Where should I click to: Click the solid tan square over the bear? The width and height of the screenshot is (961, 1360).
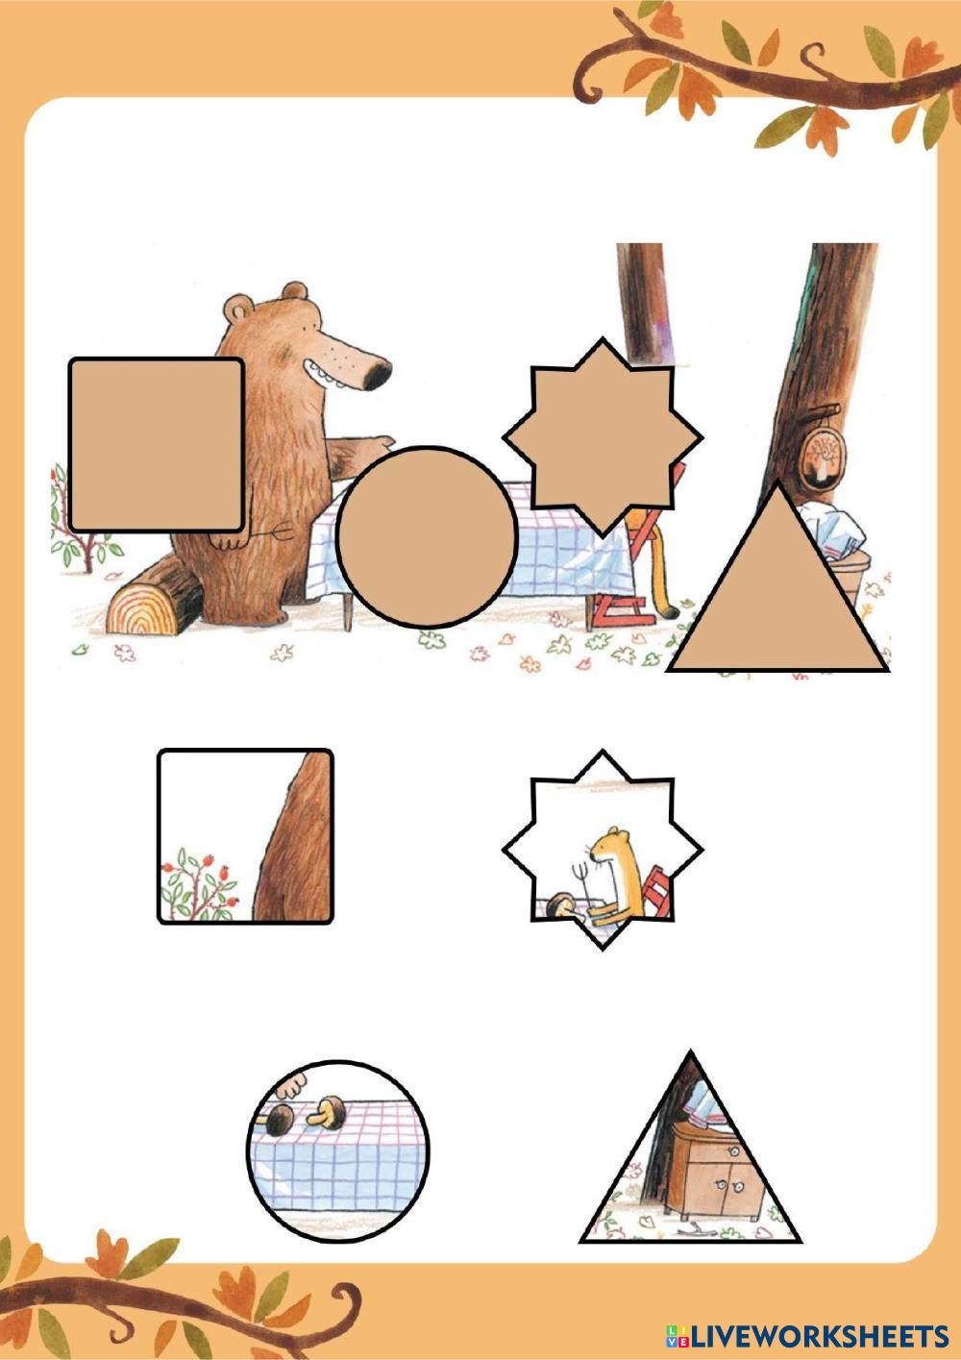click(x=158, y=445)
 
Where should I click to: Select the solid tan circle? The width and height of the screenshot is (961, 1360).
click(x=427, y=536)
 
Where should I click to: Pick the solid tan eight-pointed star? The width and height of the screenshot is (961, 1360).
click(x=603, y=437)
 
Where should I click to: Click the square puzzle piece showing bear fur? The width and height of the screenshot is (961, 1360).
click(x=245, y=836)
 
